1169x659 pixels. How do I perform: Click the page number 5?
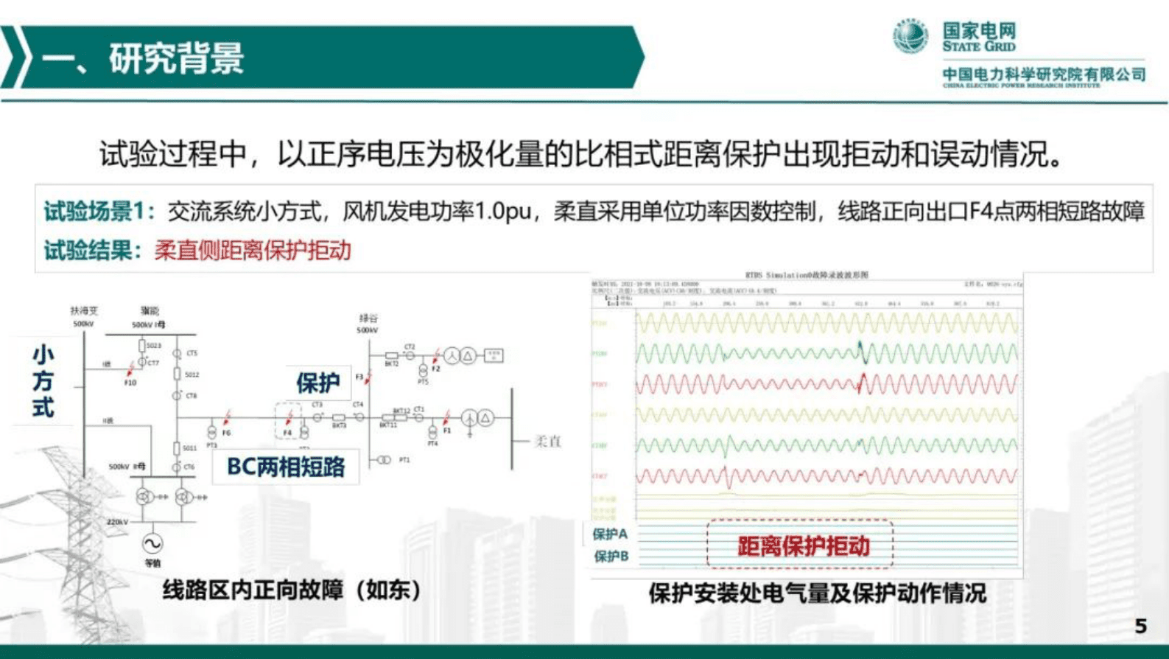(x=1140, y=626)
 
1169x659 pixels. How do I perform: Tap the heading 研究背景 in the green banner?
(x=176, y=58)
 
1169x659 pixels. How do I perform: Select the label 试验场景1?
(x=99, y=212)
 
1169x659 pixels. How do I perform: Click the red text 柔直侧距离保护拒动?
(x=253, y=251)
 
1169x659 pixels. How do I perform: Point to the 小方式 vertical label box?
(x=43, y=381)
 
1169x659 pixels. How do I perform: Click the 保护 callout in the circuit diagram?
(x=317, y=383)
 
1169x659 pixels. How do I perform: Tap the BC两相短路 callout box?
(x=286, y=467)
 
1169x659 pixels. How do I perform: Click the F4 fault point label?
(x=287, y=433)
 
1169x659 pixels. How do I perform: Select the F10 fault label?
(x=130, y=383)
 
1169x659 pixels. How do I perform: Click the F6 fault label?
(x=226, y=433)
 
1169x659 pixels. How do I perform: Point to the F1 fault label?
(x=447, y=430)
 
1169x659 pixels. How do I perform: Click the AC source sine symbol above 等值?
(x=152, y=544)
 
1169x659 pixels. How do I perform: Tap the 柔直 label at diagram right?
(x=547, y=442)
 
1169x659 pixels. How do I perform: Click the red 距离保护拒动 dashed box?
(x=800, y=545)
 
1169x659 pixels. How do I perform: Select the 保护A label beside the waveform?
(x=611, y=534)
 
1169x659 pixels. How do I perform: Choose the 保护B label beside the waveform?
(x=611, y=556)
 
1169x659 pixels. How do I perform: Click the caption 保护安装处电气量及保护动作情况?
(x=817, y=593)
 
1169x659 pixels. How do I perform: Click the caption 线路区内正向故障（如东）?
(x=292, y=590)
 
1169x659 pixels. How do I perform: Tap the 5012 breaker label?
(x=192, y=374)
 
